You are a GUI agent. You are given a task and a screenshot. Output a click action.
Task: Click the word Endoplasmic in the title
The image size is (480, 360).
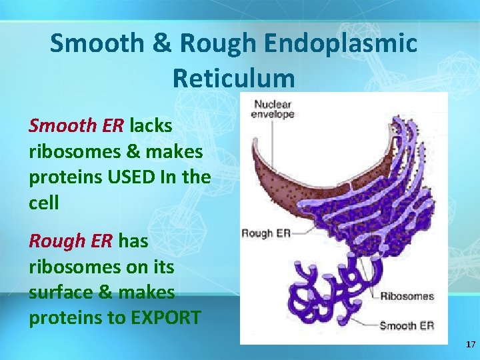click(x=341, y=44)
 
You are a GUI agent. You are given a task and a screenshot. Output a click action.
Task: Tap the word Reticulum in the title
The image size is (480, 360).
click(x=233, y=78)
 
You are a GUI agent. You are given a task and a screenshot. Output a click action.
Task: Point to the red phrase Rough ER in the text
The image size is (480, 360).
click(x=71, y=241)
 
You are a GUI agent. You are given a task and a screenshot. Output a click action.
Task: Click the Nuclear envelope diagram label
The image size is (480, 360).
click(x=272, y=109)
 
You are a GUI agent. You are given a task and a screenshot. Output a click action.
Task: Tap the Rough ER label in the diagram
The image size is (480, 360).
click(x=265, y=233)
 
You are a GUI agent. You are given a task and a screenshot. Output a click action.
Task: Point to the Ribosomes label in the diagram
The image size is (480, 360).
click(x=407, y=296)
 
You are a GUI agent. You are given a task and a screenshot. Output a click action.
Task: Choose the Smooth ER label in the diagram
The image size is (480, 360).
click(x=407, y=325)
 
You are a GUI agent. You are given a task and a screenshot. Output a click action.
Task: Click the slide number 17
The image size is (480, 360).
click(x=471, y=345)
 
